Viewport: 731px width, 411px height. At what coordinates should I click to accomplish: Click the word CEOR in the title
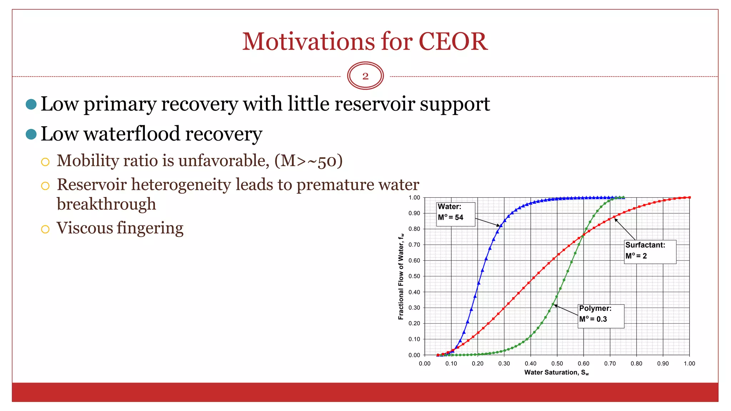click(x=453, y=41)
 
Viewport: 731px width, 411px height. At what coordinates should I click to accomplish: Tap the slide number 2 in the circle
click(x=365, y=76)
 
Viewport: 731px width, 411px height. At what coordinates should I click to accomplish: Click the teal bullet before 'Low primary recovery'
click(x=31, y=104)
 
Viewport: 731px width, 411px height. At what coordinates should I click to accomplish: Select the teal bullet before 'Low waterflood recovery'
click(x=31, y=134)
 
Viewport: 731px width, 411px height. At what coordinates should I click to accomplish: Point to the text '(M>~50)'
click(x=308, y=161)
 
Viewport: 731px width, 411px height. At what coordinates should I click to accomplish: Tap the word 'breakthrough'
click(x=106, y=204)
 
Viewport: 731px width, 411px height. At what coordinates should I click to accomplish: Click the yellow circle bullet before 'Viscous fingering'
click(x=45, y=229)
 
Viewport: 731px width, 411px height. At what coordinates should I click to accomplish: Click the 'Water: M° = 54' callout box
click(x=455, y=214)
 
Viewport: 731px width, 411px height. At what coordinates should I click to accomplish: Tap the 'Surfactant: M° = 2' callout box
click(x=650, y=252)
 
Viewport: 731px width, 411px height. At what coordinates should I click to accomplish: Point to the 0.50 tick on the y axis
click(x=414, y=276)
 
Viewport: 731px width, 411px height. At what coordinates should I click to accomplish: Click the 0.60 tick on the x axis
click(x=583, y=364)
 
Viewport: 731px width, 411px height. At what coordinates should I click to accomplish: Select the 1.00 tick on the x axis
click(x=689, y=364)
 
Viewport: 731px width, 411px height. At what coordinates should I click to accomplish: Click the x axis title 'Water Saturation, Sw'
click(x=556, y=372)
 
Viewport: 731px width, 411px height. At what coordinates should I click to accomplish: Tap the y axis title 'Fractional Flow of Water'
click(x=401, y=276)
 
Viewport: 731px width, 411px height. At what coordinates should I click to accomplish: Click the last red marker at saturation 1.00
click(x=689, y=197)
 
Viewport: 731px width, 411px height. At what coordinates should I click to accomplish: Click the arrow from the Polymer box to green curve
click(x=566, y=310)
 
